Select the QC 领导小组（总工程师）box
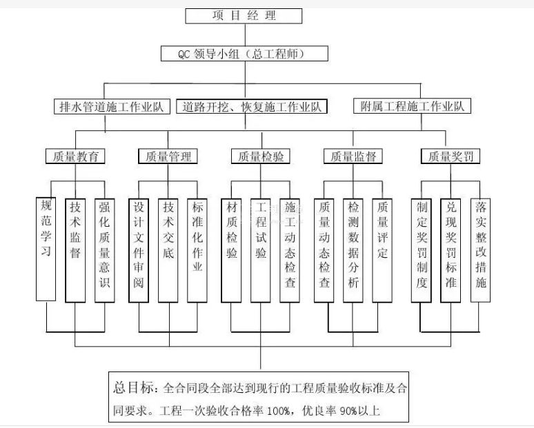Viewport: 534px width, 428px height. (244, 53)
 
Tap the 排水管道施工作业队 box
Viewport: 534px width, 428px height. (110, 107)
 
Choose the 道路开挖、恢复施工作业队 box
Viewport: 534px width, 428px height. (251, 107)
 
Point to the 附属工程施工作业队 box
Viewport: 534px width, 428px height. (412, 106)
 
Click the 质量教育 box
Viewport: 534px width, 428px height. (76, 156)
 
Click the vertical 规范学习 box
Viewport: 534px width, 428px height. (46, 248)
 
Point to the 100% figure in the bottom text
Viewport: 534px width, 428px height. (279, 411)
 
